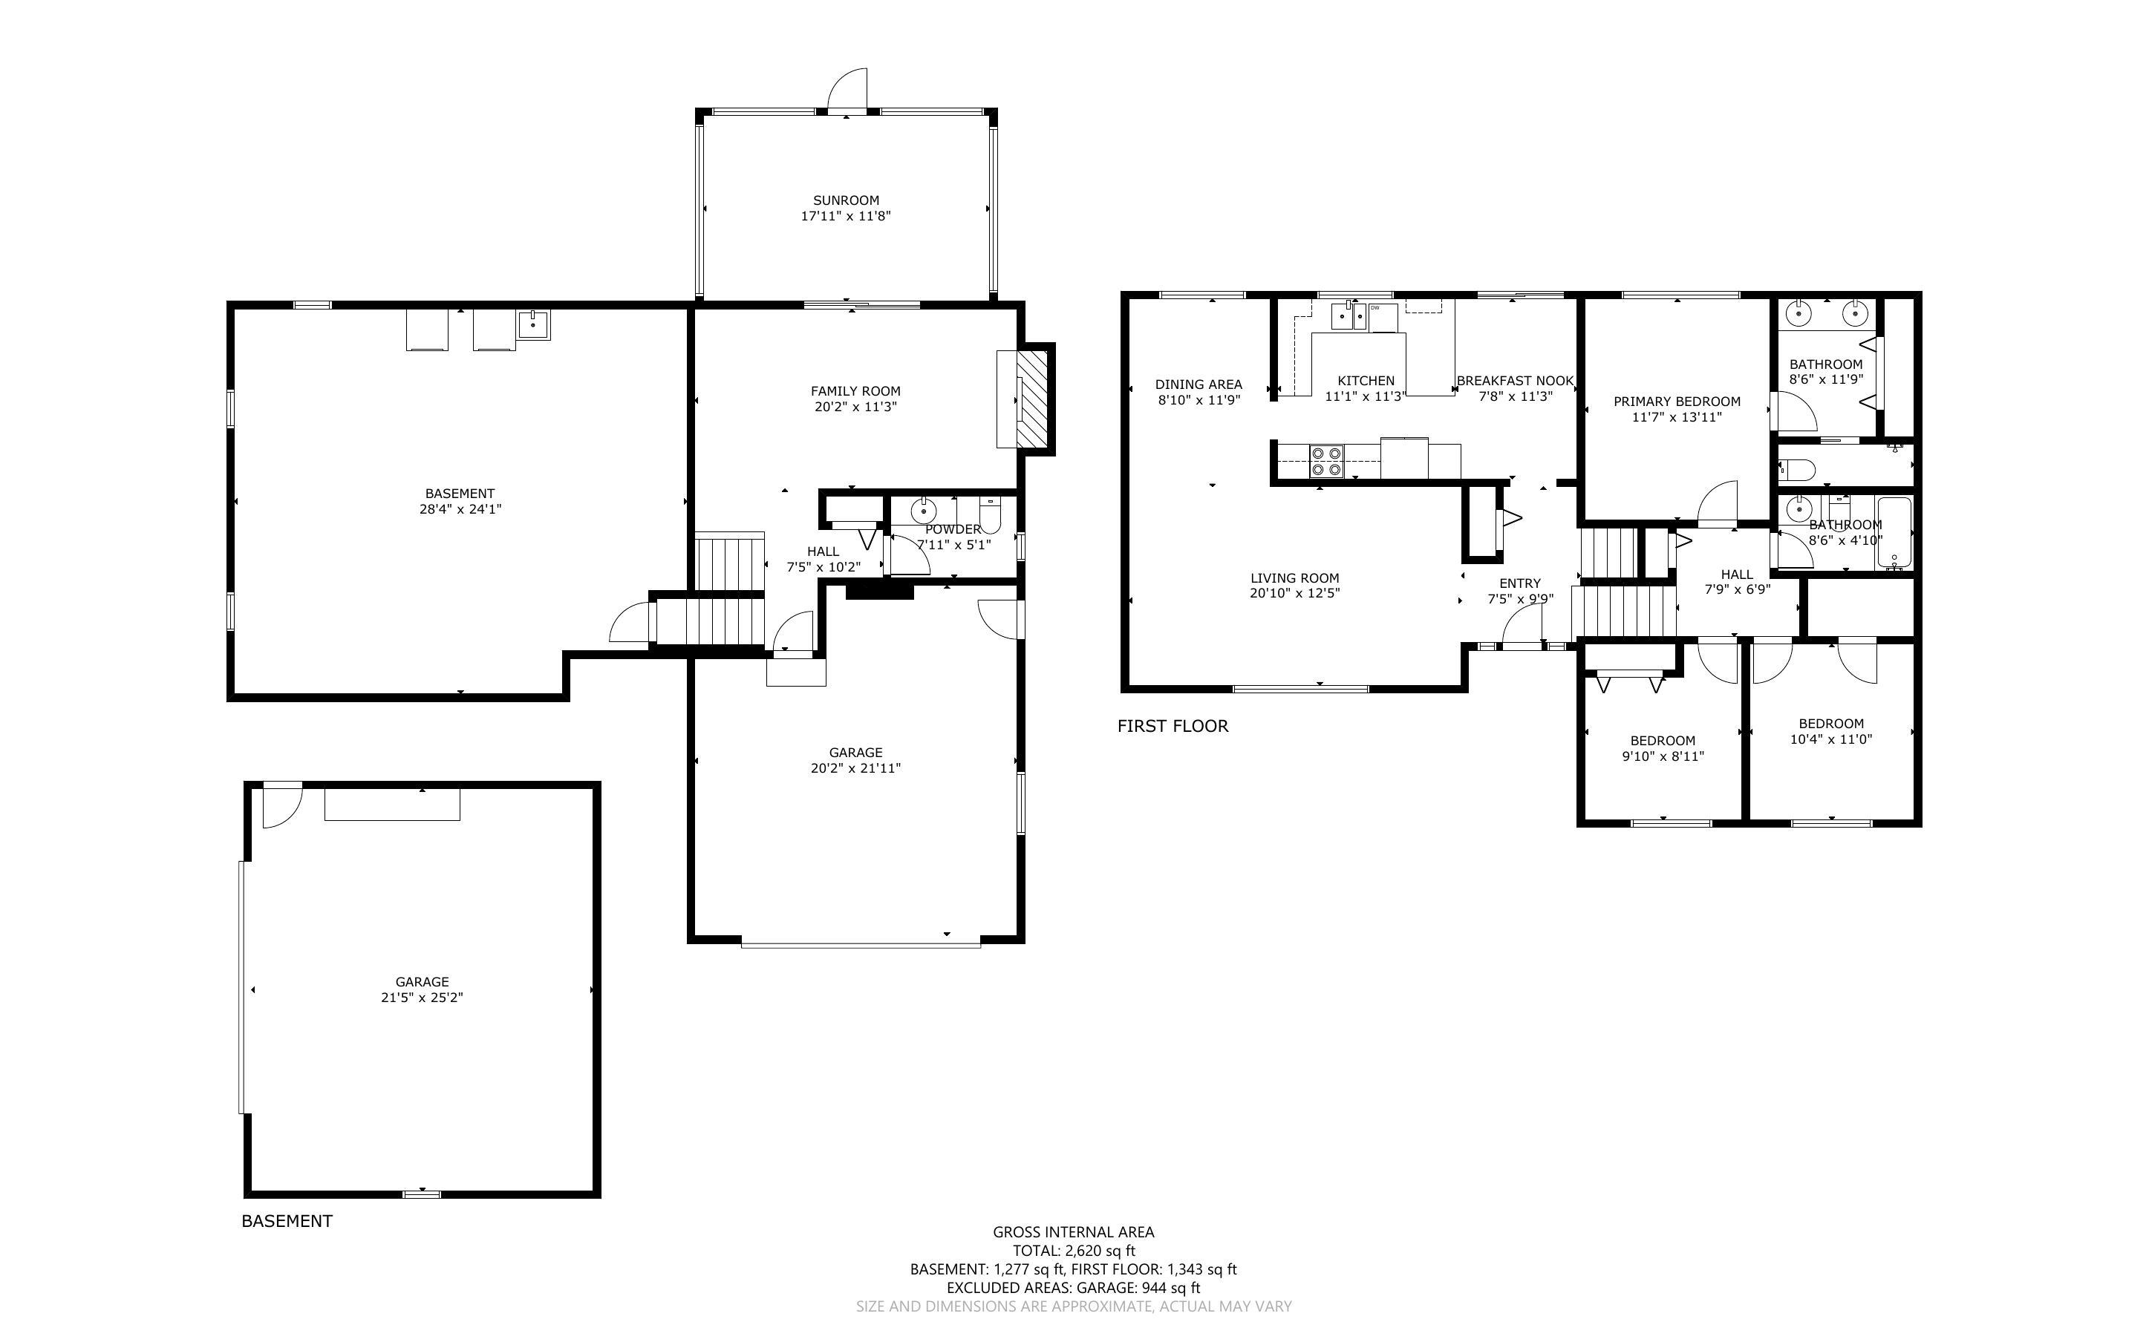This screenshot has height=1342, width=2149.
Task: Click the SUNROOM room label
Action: click(x=846, y=200)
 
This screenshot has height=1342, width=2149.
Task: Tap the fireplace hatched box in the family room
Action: click(x=1033, y=399)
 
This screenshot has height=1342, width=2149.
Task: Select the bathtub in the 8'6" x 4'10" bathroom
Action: click(x=1894, y=534)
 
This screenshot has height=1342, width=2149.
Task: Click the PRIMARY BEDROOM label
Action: click(x=1677, y=401)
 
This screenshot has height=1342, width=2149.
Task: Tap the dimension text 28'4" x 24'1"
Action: click(x=460, y=509)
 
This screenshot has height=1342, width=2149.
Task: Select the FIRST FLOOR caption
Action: click(x=1173, y=726)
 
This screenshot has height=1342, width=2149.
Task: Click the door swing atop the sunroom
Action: click(x=847, y=89)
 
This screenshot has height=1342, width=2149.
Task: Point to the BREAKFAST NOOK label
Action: click(x=1516, y=381)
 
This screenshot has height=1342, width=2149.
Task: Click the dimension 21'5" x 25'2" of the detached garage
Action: click(x=422, y=998)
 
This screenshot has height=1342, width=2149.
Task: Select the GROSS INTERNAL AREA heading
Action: click(x=1073, y=1232)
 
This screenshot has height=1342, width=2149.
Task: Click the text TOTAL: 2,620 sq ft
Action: click(x=1073, y=1251)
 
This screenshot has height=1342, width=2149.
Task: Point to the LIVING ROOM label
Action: click(x=1294, y=577)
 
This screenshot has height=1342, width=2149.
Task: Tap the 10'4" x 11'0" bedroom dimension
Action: click(x=1830, y=739)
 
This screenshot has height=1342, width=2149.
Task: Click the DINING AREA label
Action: click(x=1199, y=384)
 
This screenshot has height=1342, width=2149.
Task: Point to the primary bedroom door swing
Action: click(x=1717, y=500)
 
